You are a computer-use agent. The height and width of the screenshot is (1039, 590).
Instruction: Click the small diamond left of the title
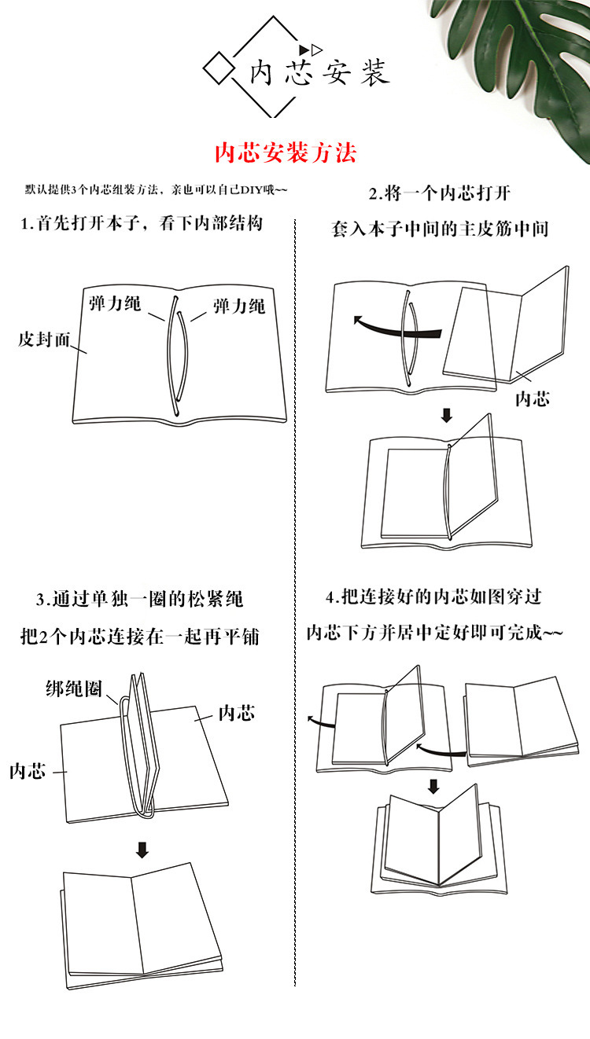point(219,67)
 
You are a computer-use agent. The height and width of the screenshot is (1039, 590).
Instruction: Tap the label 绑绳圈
point(73,689)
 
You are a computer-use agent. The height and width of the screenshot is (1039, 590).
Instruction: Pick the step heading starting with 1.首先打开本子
point(141,223)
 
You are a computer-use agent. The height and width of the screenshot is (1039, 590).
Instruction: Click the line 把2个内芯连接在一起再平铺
point(139,637)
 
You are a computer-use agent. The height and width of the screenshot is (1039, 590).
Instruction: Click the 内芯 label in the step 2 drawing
point(532,398)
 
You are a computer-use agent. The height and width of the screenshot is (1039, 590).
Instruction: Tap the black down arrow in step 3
point(142,849)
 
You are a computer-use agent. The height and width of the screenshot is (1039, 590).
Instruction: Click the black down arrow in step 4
point(433,785)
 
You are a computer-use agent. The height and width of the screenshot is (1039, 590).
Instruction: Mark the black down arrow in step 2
point(446,414)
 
